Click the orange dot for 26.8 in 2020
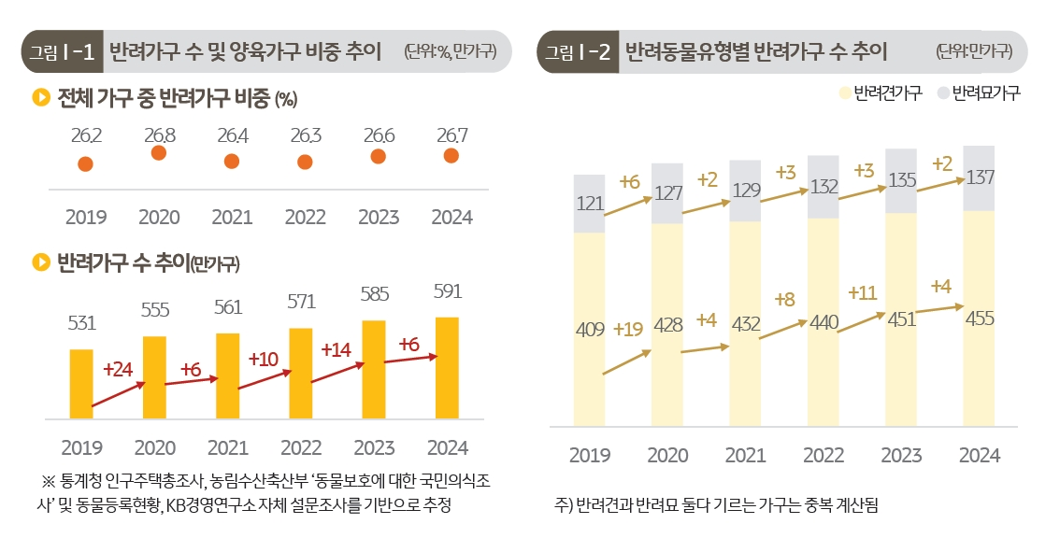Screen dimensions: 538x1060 (159, 153)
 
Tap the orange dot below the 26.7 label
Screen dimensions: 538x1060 (451, 156)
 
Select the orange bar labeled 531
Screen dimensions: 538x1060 (81, 383)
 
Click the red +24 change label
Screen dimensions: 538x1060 (118, 370)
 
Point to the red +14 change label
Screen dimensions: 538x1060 (336, 350)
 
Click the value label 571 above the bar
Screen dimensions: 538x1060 (301, 303)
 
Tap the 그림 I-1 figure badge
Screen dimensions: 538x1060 (62, 51)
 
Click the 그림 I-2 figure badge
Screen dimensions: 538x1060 (577, 51)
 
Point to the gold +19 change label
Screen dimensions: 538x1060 (628, 329)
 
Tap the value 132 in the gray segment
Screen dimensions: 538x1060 (824, 187)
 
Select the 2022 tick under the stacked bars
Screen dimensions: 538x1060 (824, 456)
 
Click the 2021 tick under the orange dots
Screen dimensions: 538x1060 (232, 218)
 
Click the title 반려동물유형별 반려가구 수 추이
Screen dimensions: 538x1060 (755, 51)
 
